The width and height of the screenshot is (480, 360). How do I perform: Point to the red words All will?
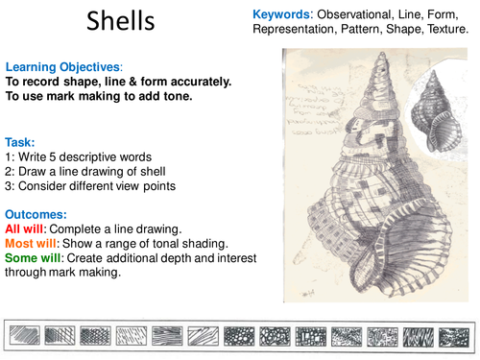26,229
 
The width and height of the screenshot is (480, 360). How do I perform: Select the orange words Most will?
32,244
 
